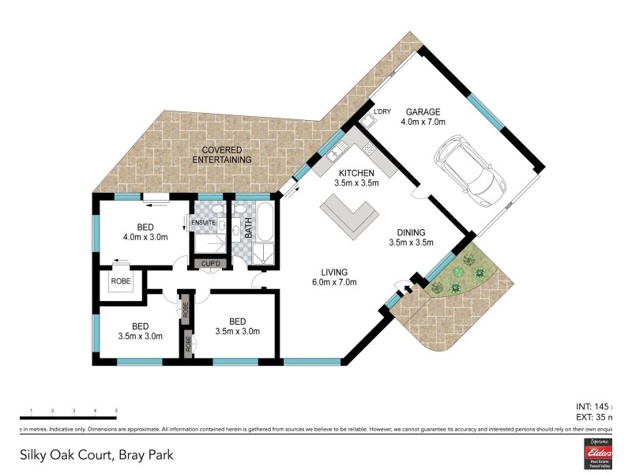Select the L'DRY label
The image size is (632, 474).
tap(382, 111)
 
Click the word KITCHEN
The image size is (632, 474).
tap(356, 173)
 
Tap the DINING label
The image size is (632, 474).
tap(412, 232)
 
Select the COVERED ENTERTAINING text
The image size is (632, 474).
tap(222, 154)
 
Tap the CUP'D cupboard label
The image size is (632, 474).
tap(210, 263)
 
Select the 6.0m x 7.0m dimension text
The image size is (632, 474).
tap(333, 282)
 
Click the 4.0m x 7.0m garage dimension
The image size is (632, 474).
tap(423, 122)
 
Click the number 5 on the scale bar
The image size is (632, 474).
tap(116, 411)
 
